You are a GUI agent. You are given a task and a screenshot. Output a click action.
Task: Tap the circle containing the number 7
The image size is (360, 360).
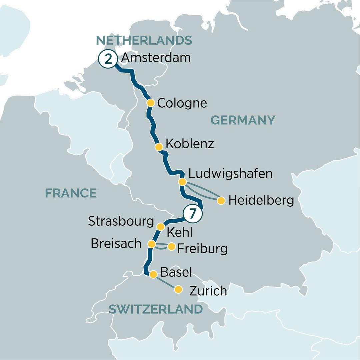[192, 214]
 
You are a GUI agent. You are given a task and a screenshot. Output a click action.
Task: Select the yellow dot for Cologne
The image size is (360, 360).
[151, 103]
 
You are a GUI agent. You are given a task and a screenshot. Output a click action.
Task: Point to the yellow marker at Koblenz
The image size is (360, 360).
[159, 147]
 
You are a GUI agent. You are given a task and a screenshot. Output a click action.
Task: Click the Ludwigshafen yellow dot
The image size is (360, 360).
[182, 182]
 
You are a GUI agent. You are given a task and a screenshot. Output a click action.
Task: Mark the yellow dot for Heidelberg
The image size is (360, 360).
[221, 201]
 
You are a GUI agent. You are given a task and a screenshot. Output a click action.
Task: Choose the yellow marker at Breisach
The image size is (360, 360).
[152, 244]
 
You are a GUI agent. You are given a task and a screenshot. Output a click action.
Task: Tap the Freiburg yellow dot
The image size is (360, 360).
[171, 247]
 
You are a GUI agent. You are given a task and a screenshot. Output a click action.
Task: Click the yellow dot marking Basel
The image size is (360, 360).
[153, 274]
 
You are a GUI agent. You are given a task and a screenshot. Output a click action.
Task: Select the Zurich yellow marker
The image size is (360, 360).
[179, 289]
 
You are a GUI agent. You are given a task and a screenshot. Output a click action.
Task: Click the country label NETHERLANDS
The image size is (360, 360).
[144, 41]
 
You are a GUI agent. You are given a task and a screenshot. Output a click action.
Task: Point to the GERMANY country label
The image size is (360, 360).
[243, 120]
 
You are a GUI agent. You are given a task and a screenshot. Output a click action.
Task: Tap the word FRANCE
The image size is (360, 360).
[71, 193]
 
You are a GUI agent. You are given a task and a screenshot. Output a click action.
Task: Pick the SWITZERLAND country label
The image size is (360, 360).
[156, 309]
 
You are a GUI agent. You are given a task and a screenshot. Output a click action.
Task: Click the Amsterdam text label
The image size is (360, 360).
[156, 58]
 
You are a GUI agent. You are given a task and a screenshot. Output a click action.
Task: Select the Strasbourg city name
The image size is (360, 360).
[121, 221]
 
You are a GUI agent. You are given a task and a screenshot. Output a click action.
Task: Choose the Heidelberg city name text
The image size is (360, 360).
[261, 201]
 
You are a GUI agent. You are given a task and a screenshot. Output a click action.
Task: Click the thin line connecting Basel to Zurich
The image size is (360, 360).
[166, 282]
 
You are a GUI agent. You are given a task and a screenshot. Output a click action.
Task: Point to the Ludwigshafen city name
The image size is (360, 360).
[230, 174]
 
